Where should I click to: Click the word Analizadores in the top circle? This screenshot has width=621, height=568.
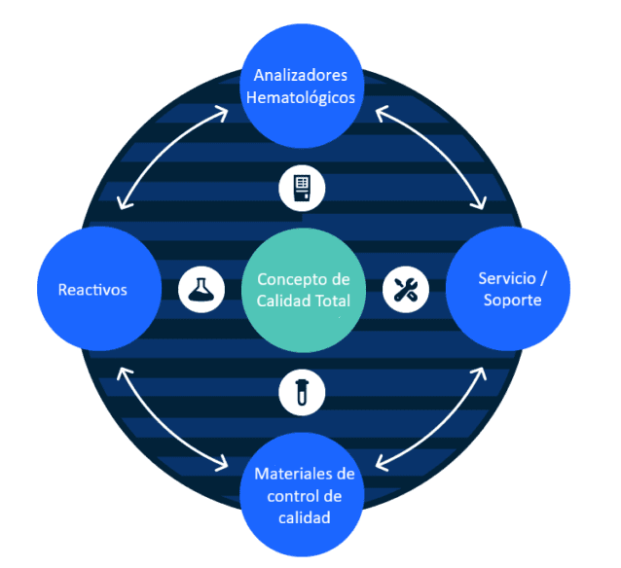coord(301,75)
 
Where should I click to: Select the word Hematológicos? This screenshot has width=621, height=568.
coord(301,97)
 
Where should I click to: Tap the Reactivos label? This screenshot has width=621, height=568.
coord(92,290)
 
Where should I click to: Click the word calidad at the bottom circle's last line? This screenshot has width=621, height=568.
coord(304,517)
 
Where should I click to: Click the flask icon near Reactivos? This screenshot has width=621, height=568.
coord(201,289)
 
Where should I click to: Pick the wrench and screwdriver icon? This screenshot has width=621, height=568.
coord(405,289)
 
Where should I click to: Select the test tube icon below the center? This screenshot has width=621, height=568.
coord(302,391)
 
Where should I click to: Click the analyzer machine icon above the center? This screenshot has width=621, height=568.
coord(302,188)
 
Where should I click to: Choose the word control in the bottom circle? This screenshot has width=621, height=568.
coord(282,496)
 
